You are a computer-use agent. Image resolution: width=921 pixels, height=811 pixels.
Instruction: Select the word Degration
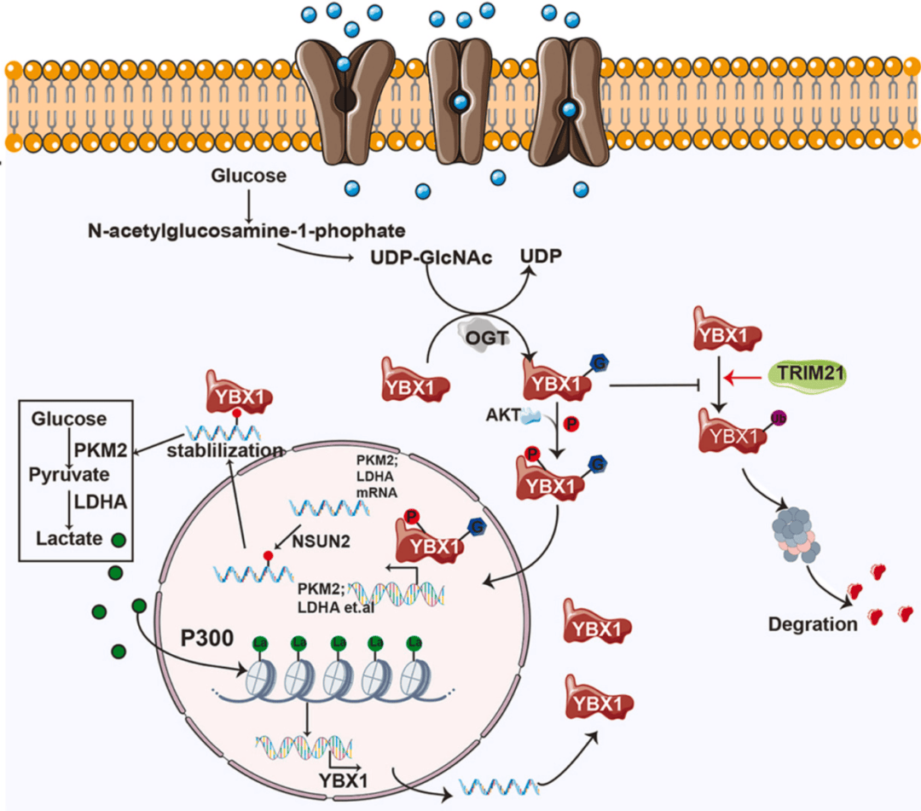813,623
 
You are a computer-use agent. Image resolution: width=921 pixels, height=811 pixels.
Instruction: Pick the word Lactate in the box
71,538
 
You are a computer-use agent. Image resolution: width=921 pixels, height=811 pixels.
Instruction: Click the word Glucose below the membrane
248,177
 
